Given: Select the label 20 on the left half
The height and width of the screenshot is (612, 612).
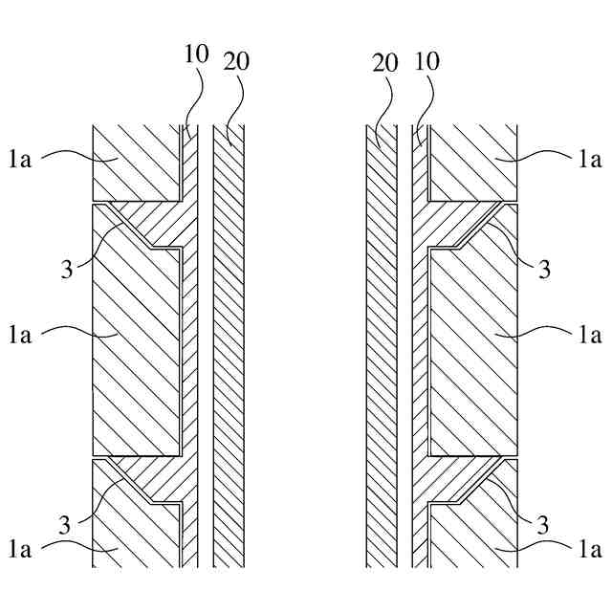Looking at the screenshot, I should pyautogui.click(x=236, y=62).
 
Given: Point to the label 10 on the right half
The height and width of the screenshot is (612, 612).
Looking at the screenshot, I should pyautogui.click(x=426, y=62).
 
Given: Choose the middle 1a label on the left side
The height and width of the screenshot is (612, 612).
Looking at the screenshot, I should pyautogui.click(x=19, y=335).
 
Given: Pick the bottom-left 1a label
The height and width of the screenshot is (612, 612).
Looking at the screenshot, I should pyautogui.click(x=19, y=549).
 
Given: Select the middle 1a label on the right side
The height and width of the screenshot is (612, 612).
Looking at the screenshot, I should pyautogui.click(x=591, y=335).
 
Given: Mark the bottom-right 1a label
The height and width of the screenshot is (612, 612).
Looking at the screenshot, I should pyautogui.click(x=591, y=549).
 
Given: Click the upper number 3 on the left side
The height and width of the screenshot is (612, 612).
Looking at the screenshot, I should pyautogui.click(x=66, y=269).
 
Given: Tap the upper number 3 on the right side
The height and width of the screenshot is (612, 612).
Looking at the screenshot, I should pyautogui.click(x=544, y=269).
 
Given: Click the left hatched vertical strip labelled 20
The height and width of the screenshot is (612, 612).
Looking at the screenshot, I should pyautogui.click(x=229, y=344).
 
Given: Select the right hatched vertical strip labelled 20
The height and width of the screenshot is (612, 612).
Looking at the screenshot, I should pyautogui.click(x=382, y=344).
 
